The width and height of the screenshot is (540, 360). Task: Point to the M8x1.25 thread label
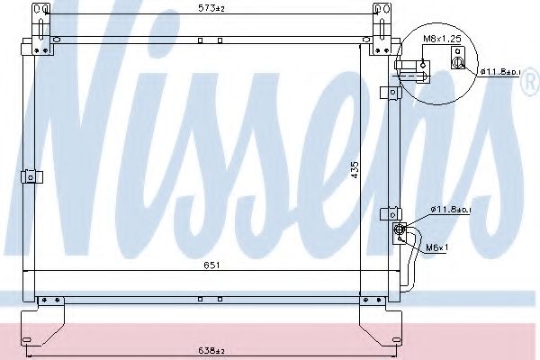443,40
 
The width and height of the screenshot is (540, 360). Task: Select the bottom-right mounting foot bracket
378,315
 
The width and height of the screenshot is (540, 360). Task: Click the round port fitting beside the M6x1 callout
398,230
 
